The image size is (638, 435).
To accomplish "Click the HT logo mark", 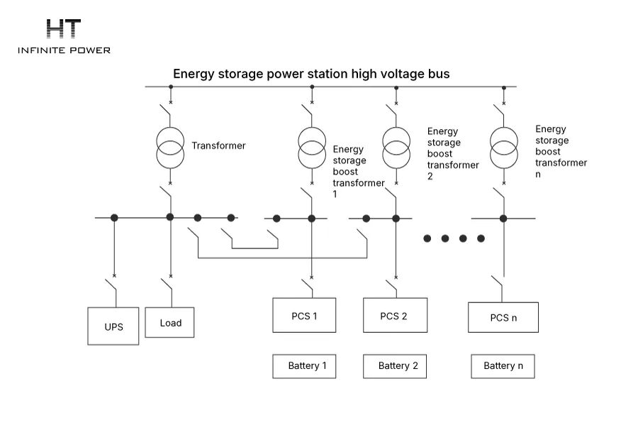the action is coord(64,28).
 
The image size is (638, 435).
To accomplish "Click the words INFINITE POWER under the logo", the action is coord(64,50).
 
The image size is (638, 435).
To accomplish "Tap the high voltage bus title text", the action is coord(311,74).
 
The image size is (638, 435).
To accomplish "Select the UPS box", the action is coord(113,326).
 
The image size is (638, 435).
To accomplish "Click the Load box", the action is coord(169,323).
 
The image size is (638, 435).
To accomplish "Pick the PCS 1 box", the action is coord(304,315).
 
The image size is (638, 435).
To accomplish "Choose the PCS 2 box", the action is coord(395,315).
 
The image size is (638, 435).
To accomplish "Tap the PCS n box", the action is coord(503,317).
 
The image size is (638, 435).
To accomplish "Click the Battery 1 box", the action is coord(304,366).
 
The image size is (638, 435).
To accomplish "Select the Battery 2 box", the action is coord(395,366).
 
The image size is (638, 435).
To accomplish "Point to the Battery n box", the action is coord(503,366).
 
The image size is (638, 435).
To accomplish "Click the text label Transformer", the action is coord(218,145).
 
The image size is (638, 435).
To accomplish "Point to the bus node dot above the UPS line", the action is coord(114,218).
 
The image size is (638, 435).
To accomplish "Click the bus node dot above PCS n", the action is coord(503,219).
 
